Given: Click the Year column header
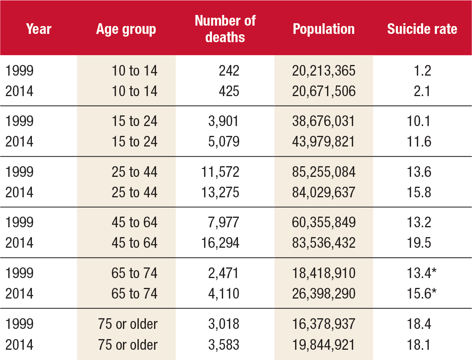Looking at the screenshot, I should point(39,29).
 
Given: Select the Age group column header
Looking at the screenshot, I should point(126,29).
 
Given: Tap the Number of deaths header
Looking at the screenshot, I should point(225,29).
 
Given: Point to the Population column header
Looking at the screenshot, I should point(323,29).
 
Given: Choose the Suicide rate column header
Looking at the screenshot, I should point(422,29).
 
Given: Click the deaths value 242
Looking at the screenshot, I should point(229,71).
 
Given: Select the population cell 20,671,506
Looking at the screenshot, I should point(323,91).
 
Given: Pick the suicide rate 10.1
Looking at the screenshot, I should point(419,121).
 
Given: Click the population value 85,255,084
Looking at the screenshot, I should point(323,172).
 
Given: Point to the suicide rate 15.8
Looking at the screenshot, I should point(419,193).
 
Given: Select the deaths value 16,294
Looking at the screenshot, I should point(221,243).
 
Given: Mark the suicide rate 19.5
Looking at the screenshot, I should point(419,243).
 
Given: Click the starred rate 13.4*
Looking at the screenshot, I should point(422,273).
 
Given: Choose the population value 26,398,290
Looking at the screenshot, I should point(323,293).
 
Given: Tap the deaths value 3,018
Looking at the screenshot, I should point(224,324).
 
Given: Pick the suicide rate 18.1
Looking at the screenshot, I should point(419,345).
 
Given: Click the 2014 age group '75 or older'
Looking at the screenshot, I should point(128,345).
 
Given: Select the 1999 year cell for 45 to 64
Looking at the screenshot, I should point(19,223).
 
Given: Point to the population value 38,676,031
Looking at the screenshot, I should point(323,121).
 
